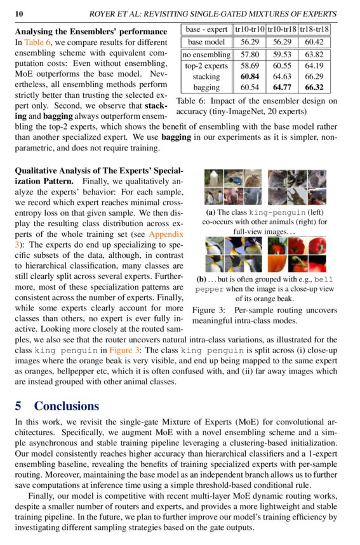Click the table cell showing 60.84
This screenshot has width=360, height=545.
coord(250,76)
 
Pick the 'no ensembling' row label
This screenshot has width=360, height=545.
coord(207,55)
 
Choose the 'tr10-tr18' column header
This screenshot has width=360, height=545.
coord(282,29)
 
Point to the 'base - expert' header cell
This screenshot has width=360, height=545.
coord(207,29)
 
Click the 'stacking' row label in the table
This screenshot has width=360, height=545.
coord(207,76)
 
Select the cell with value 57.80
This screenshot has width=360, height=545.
coord(250,55)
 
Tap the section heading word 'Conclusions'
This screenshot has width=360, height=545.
coord(67,406)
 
